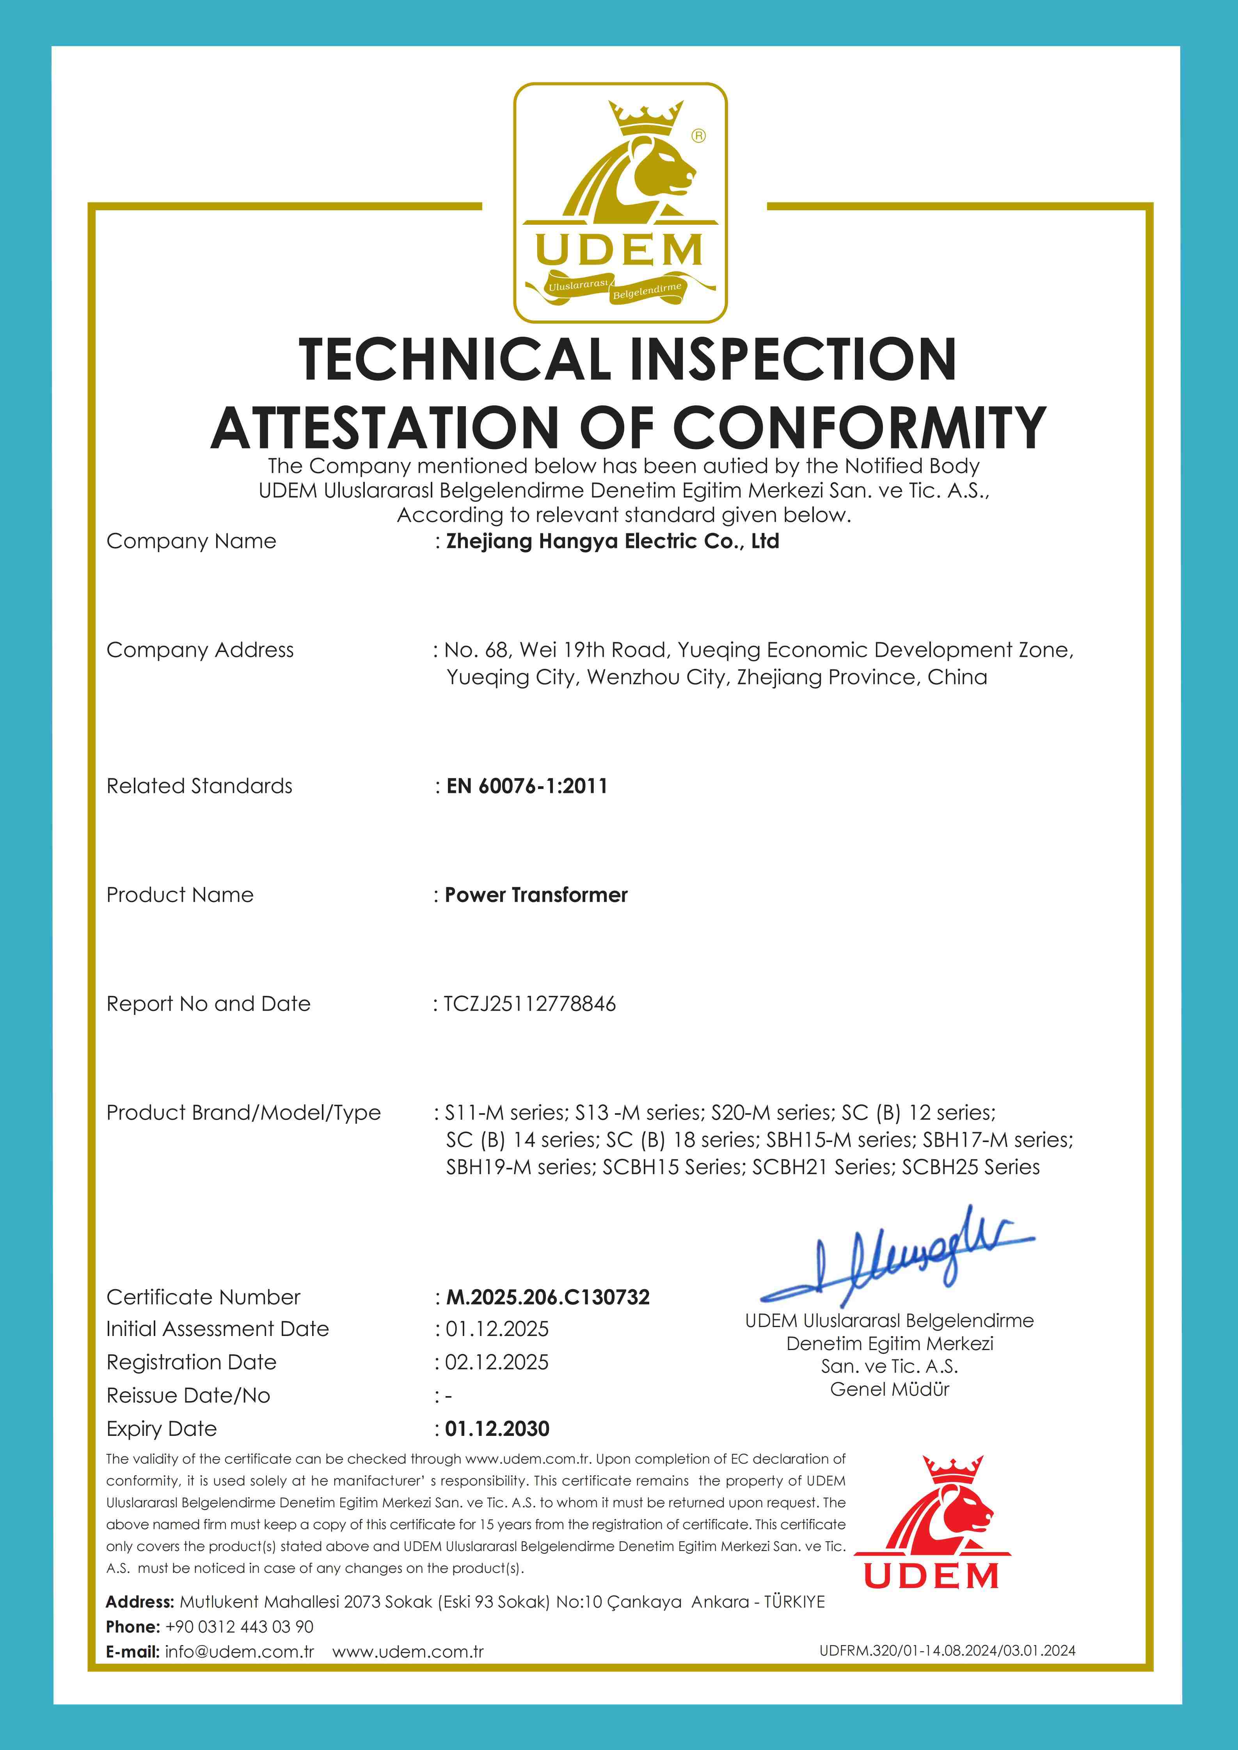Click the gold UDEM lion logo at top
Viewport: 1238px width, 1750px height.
click(x=620, y=202)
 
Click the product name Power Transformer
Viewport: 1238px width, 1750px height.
click(x=536, y=895)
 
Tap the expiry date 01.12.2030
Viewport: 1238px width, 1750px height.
click(x=497, y=1428)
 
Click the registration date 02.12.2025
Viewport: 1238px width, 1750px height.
click(x=497, y=1362)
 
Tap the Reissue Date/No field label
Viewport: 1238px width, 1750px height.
click(x=188, y=1396)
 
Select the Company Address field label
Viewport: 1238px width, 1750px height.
click(x=200, y=650)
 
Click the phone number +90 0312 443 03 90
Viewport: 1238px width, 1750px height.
click(x=239, y=1627)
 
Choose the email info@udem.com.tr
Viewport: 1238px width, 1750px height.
click(x=239, y=1652)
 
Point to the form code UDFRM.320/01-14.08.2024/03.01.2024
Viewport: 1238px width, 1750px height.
click(x=948, y=1651)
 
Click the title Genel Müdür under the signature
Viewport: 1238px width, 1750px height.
click(x=890, y=1389)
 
